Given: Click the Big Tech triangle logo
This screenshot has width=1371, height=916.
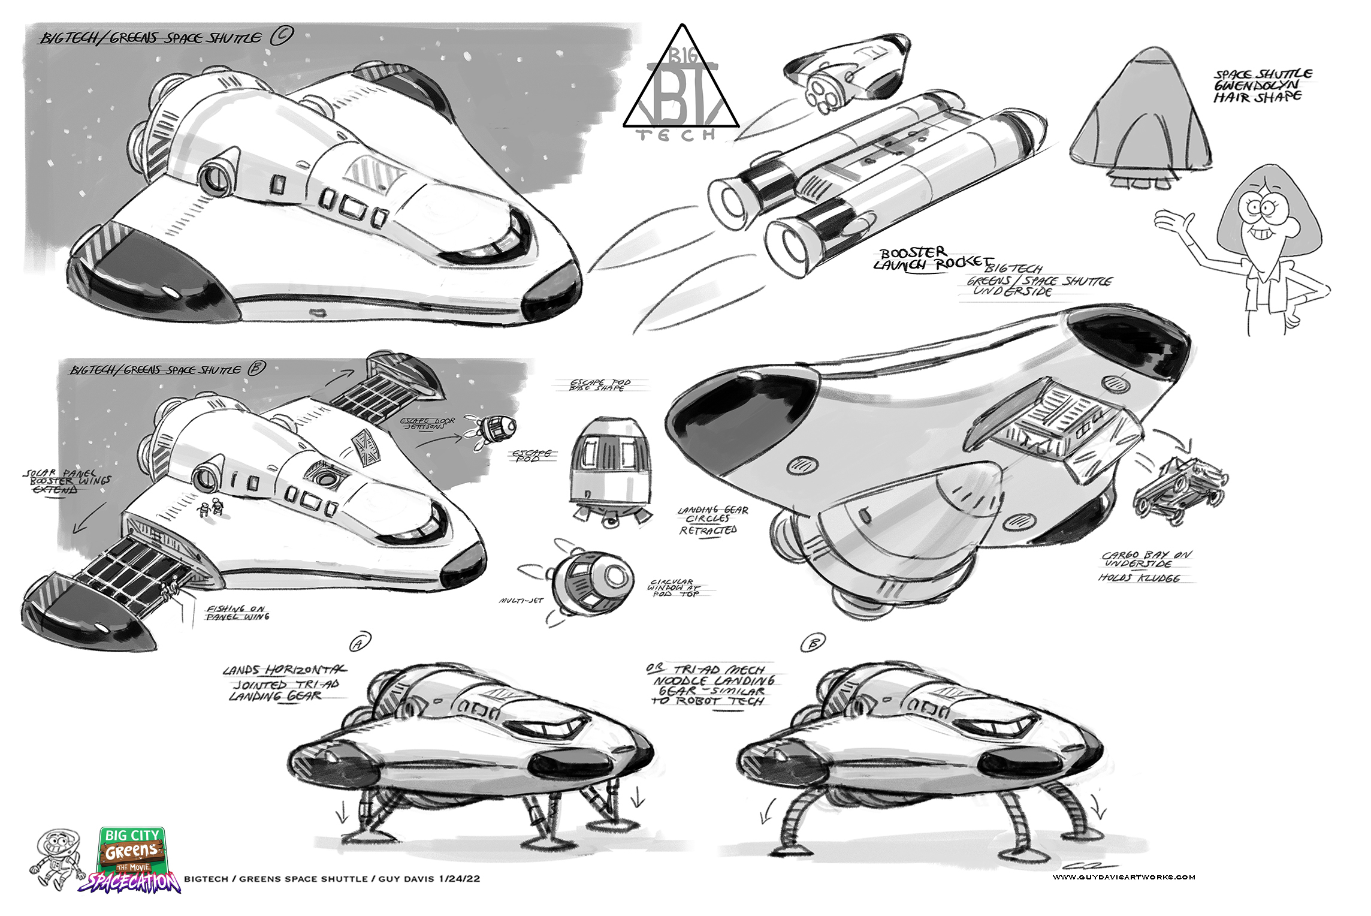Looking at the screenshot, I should coord(681,84).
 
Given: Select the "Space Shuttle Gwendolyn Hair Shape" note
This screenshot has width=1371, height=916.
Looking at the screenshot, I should coord(1262,86).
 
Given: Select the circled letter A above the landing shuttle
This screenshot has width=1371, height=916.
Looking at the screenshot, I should coord(360,643).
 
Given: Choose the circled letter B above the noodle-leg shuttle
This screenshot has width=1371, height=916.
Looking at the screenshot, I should coord(813,643).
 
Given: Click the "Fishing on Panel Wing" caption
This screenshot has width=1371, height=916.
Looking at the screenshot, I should coord(237,612).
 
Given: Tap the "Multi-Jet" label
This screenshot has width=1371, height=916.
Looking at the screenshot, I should coord(521,600).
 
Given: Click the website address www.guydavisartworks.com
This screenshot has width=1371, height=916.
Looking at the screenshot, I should coord(1123,877).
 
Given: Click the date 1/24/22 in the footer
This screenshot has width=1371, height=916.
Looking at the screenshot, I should coord(459,879).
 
